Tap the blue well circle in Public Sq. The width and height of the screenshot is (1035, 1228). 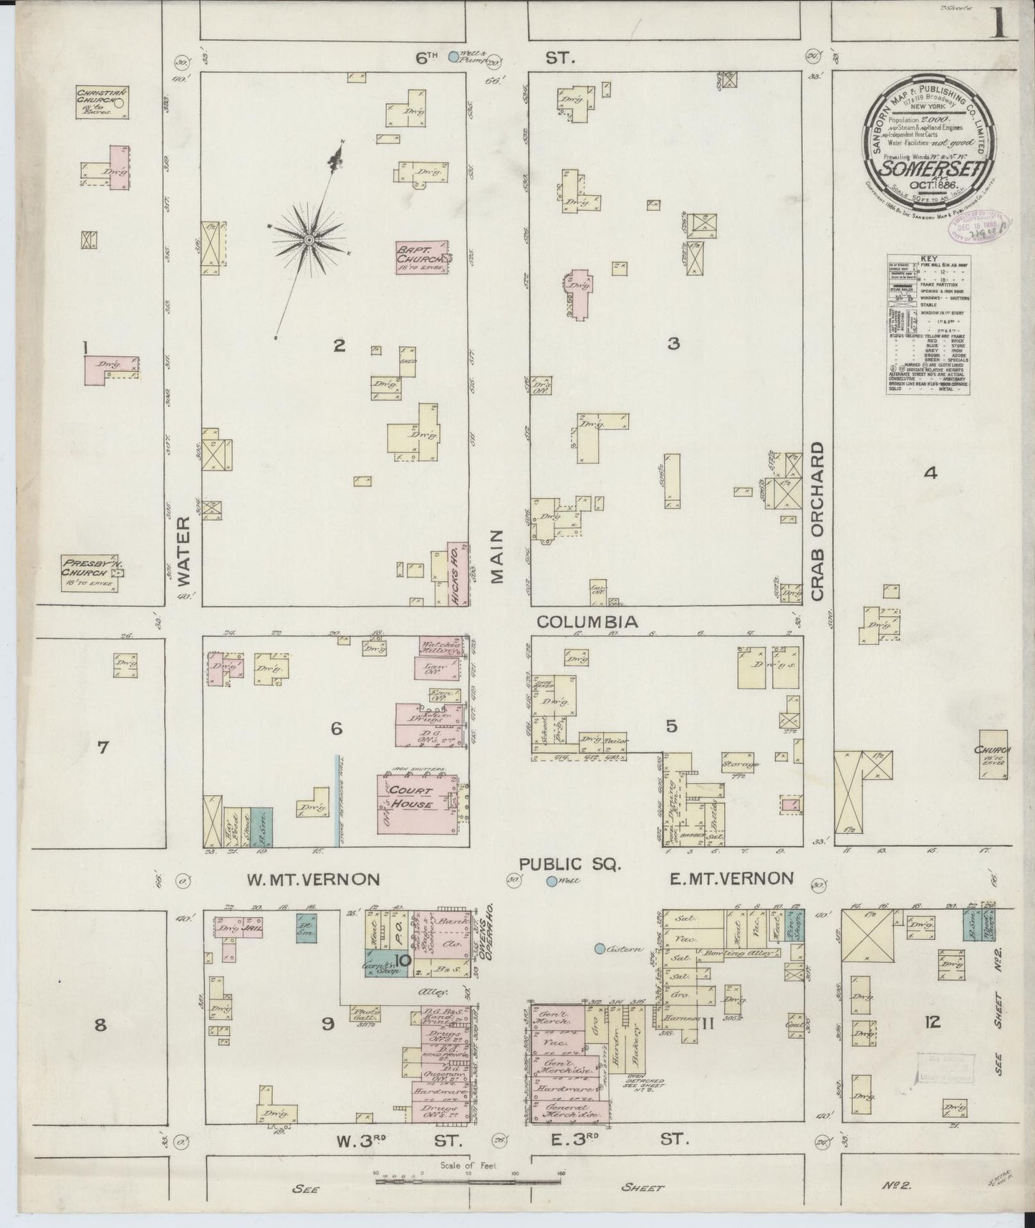pos(552,882)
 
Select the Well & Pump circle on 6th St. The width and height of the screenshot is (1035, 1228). pos(453,56)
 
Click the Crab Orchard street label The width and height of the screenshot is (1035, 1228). pos(819,521)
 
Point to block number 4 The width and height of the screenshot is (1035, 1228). pos(930,472)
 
